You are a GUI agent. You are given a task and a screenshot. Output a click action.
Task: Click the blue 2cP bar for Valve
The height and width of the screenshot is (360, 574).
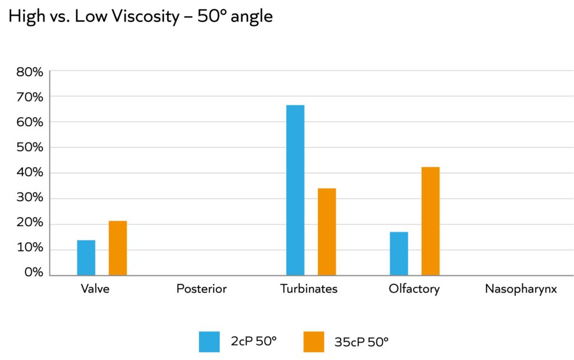(x=86, y=257)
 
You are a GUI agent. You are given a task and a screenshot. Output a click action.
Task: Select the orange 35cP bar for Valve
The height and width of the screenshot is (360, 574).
(x=118, y=248)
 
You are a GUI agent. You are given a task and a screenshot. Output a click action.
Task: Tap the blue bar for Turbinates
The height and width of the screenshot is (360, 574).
(x=295, y=190)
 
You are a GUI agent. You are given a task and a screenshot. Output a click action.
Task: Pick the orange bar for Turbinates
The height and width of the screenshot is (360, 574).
(x=327, y=232)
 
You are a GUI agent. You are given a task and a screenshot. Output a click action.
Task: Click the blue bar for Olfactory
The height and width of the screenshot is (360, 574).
(x=399, y=253)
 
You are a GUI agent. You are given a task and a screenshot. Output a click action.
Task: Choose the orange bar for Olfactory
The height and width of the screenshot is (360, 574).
(x=430, y=221)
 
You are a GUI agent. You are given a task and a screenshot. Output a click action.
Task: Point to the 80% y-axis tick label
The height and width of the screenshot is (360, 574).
(x=29, y=72)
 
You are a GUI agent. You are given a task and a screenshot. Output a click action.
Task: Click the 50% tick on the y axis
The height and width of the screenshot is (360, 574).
(x=29, y=147)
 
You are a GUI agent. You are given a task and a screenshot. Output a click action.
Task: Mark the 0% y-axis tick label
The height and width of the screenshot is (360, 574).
(x=32, y=273)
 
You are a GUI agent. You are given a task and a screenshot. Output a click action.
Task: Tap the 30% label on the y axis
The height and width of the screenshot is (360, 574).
(x=29, y=198)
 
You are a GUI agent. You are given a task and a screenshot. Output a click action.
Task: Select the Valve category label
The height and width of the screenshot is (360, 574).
(x=95, y=289)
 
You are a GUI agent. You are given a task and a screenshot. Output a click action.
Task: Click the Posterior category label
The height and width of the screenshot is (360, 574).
(x=201, y=289)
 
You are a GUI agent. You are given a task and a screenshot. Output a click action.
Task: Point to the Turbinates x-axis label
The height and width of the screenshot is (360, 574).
(x=309, y=289)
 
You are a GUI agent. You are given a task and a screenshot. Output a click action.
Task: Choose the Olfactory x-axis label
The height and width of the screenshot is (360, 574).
(x=414, y=289)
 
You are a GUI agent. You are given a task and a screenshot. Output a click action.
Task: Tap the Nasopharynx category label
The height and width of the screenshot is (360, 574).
(x=521, y=289)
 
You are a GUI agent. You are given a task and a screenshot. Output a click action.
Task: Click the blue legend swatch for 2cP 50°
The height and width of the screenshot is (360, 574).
(x=209, y=341)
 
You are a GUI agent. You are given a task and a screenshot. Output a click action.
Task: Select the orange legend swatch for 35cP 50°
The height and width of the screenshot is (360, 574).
(x=314, y=341)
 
